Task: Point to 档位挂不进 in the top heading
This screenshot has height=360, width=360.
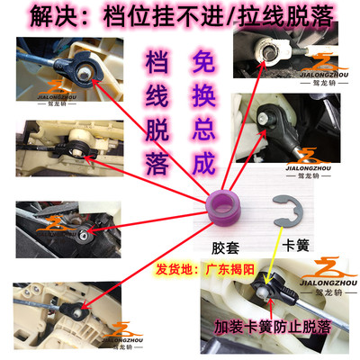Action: (x=153, y=17)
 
